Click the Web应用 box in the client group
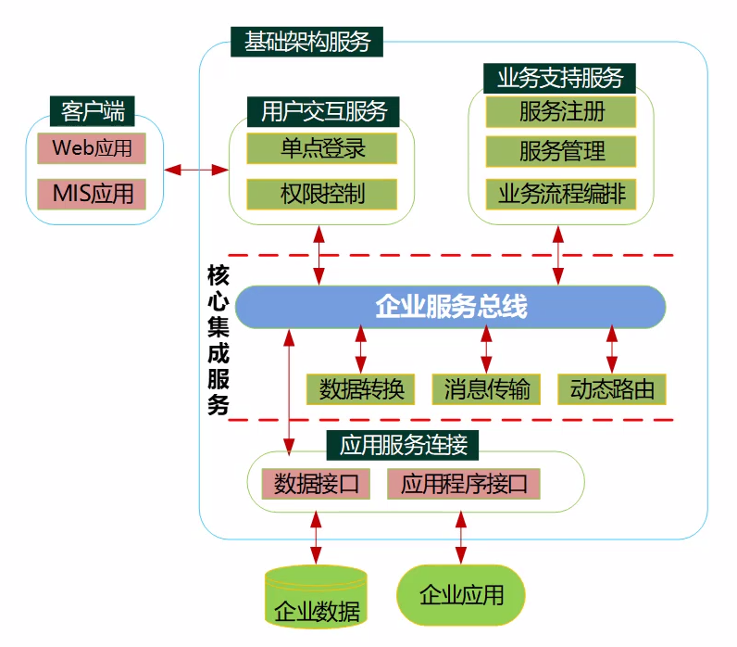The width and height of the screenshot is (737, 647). tap(93, 147)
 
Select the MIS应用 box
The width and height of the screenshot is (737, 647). tap(93, 194)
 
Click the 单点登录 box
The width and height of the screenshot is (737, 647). tap(322, 147)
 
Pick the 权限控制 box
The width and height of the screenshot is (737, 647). tap(322, 194)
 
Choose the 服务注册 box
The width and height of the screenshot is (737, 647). tap(561, 111)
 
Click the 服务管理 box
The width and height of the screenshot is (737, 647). tap(561, 151)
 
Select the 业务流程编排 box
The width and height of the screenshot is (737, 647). tap(561, 193)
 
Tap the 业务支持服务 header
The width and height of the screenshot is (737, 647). tap(560, 77)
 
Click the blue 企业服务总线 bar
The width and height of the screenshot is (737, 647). tap(451, 307)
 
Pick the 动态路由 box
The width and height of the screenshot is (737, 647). tap(611, 388)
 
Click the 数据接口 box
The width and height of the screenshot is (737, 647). tap(317, 483)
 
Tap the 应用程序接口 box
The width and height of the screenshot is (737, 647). tap(463, 483)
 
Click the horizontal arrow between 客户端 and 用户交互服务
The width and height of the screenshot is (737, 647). tap(196, 170)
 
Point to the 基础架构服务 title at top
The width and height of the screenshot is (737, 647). tap(306, 42)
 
